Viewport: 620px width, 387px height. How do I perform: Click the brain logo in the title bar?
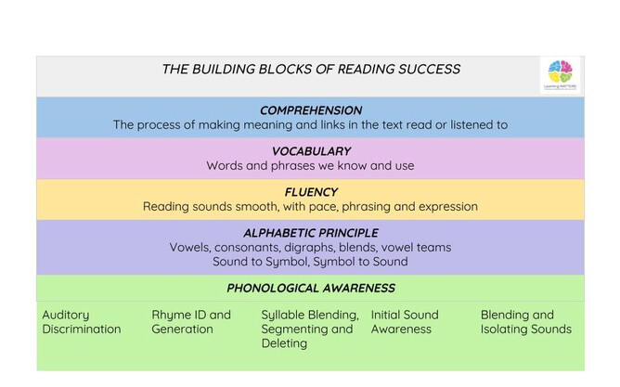560,72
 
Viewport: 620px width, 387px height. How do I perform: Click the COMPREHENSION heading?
311,110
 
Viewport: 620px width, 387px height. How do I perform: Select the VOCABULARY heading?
311,151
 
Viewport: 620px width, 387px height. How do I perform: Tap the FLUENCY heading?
311,192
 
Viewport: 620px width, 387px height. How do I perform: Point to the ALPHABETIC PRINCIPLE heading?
311,233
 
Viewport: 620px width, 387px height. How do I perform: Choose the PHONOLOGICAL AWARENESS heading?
311,288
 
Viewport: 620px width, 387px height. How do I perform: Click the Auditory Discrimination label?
82,322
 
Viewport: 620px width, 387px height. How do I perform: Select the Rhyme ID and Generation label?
191,322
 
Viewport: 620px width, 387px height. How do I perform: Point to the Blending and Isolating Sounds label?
525,322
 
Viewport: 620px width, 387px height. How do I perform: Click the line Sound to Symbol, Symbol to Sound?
311,262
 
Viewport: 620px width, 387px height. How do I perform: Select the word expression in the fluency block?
445,207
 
